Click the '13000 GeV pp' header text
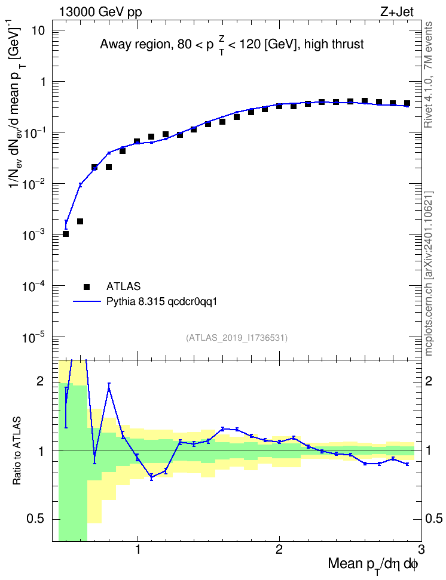coord(100,12)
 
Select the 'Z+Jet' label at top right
coord(397,12)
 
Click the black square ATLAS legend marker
coord(87,286)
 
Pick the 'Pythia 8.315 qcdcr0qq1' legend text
coord(161,301)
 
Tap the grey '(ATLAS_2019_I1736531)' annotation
coord(237,337)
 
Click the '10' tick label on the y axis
coord(37,30)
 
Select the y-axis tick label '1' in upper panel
coord(42,82)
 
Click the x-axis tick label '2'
coord(279,549)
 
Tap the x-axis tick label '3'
coord(421,549)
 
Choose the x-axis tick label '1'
coord(138,549)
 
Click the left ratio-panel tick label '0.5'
coord(36,519)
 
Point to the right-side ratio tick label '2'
coord(429,381)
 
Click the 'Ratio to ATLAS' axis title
coord(17,451)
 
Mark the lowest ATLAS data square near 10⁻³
coord(66,234)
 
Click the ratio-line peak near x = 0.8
coord(109,386)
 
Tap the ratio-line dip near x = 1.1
coord(151,477)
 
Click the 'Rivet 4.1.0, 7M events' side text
coord(428,75)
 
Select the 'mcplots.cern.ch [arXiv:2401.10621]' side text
coord(428,274)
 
